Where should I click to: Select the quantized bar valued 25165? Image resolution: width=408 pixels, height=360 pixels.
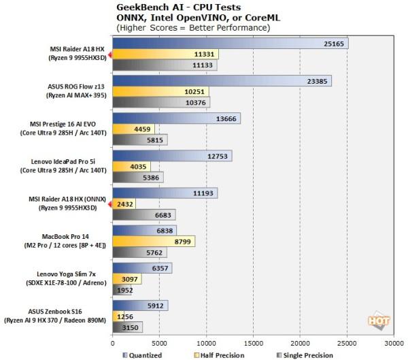click(231, 44)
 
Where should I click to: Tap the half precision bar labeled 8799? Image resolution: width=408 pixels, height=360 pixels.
click(154, 240)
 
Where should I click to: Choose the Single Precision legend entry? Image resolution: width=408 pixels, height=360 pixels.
click(307, 355)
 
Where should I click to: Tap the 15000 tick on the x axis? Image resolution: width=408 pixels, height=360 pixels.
click(254, 343)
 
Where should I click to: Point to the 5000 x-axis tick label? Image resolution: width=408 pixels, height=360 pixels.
click(159, 343)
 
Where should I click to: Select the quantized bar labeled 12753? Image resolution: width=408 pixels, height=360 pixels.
click(173, 155)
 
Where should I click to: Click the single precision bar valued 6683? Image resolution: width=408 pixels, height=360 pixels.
click(144, 214)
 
